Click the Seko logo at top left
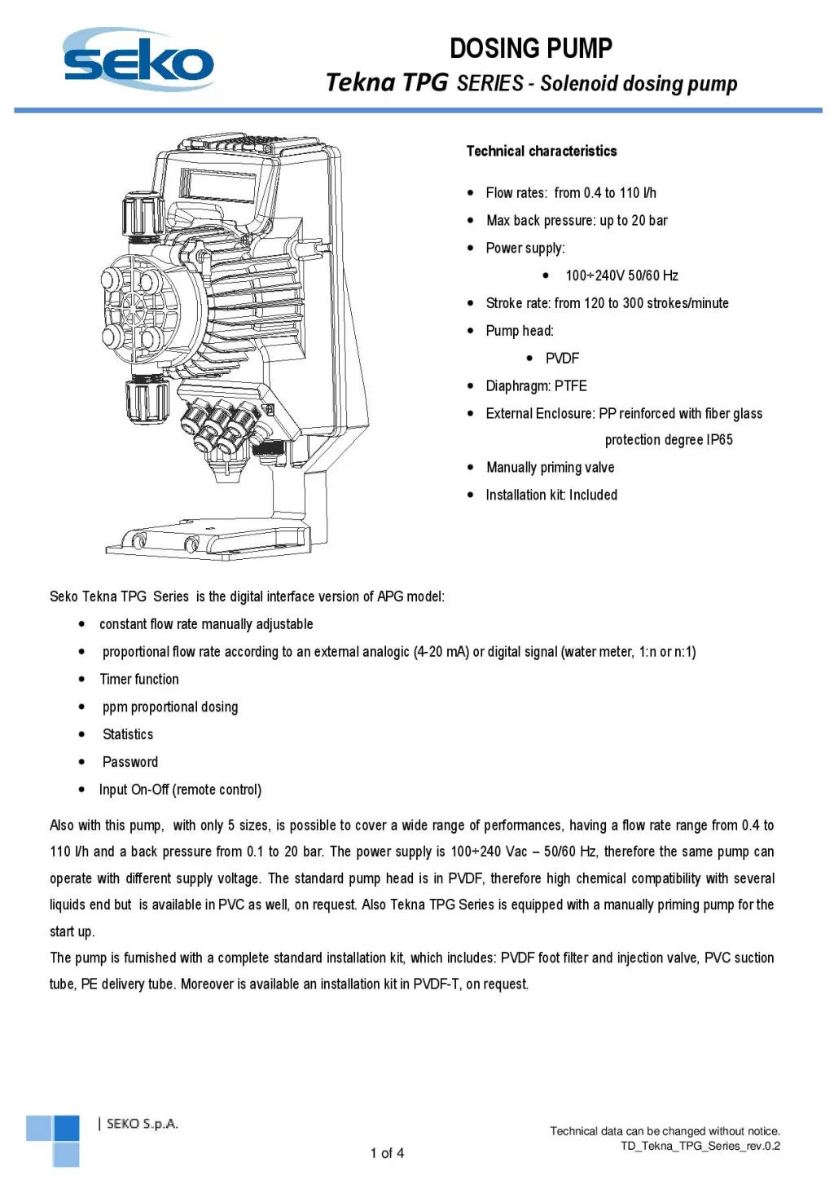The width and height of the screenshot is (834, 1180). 138,60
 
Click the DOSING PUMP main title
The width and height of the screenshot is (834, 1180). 530,48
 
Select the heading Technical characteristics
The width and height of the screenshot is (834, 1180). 541,151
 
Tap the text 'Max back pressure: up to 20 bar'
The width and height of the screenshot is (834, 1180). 576,221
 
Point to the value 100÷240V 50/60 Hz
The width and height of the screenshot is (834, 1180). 621,275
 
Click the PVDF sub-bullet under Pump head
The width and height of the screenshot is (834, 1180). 562,359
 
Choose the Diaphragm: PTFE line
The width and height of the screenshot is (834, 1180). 536,386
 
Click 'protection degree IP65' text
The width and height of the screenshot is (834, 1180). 668,440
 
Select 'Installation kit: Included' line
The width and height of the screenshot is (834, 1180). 551,495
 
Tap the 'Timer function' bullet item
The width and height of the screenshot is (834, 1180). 139,680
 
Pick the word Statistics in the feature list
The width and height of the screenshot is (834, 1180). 128,735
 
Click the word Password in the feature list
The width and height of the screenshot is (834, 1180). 130,763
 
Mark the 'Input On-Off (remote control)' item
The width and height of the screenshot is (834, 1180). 180,790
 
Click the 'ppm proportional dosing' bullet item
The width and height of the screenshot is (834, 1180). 170,707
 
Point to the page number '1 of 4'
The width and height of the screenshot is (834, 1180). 387,1153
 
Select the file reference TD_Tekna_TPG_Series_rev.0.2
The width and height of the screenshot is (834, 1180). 700,1147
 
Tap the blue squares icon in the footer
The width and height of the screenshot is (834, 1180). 54,1139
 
